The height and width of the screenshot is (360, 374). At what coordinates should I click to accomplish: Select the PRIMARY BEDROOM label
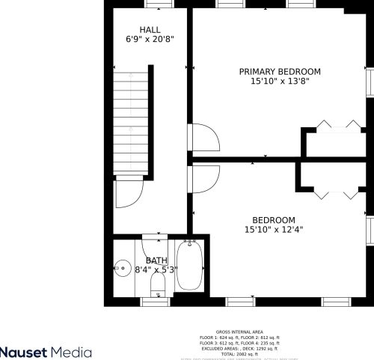(x=280, y=72)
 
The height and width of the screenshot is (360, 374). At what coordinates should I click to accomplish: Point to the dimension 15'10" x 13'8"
(x=280, y=82)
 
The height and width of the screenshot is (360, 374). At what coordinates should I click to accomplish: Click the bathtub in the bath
(x=190, y=267)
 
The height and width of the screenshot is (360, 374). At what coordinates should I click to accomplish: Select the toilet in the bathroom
(x=157, y=284)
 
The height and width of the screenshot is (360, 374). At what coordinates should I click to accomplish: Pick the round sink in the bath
(x=123, y=267)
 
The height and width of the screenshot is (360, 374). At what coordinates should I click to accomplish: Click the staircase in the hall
(x=132, y=123)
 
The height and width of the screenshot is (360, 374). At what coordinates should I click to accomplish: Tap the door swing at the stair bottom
(x=128, y=196)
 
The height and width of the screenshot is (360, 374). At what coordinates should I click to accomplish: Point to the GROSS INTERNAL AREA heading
(x=239, y=332)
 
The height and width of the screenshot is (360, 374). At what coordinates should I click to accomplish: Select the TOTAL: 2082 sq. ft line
(x=239, y=354)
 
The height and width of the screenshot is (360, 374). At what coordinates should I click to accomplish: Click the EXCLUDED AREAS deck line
(x=239, y=349)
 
